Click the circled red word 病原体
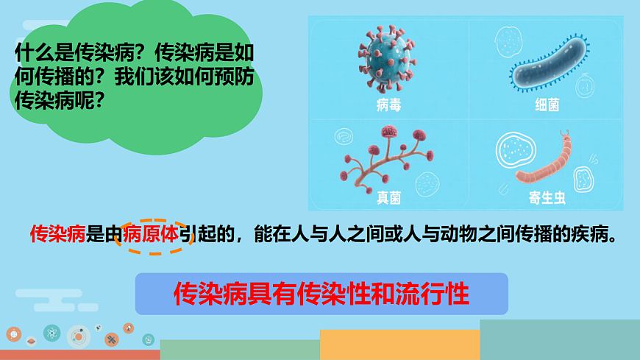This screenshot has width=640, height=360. coord(151,235)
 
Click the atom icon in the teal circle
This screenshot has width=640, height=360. coord(51,333)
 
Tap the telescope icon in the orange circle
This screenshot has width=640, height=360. coord(128,328)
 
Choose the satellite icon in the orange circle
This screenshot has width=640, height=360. coord(112,340)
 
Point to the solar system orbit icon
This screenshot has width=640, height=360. coord(79,337)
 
